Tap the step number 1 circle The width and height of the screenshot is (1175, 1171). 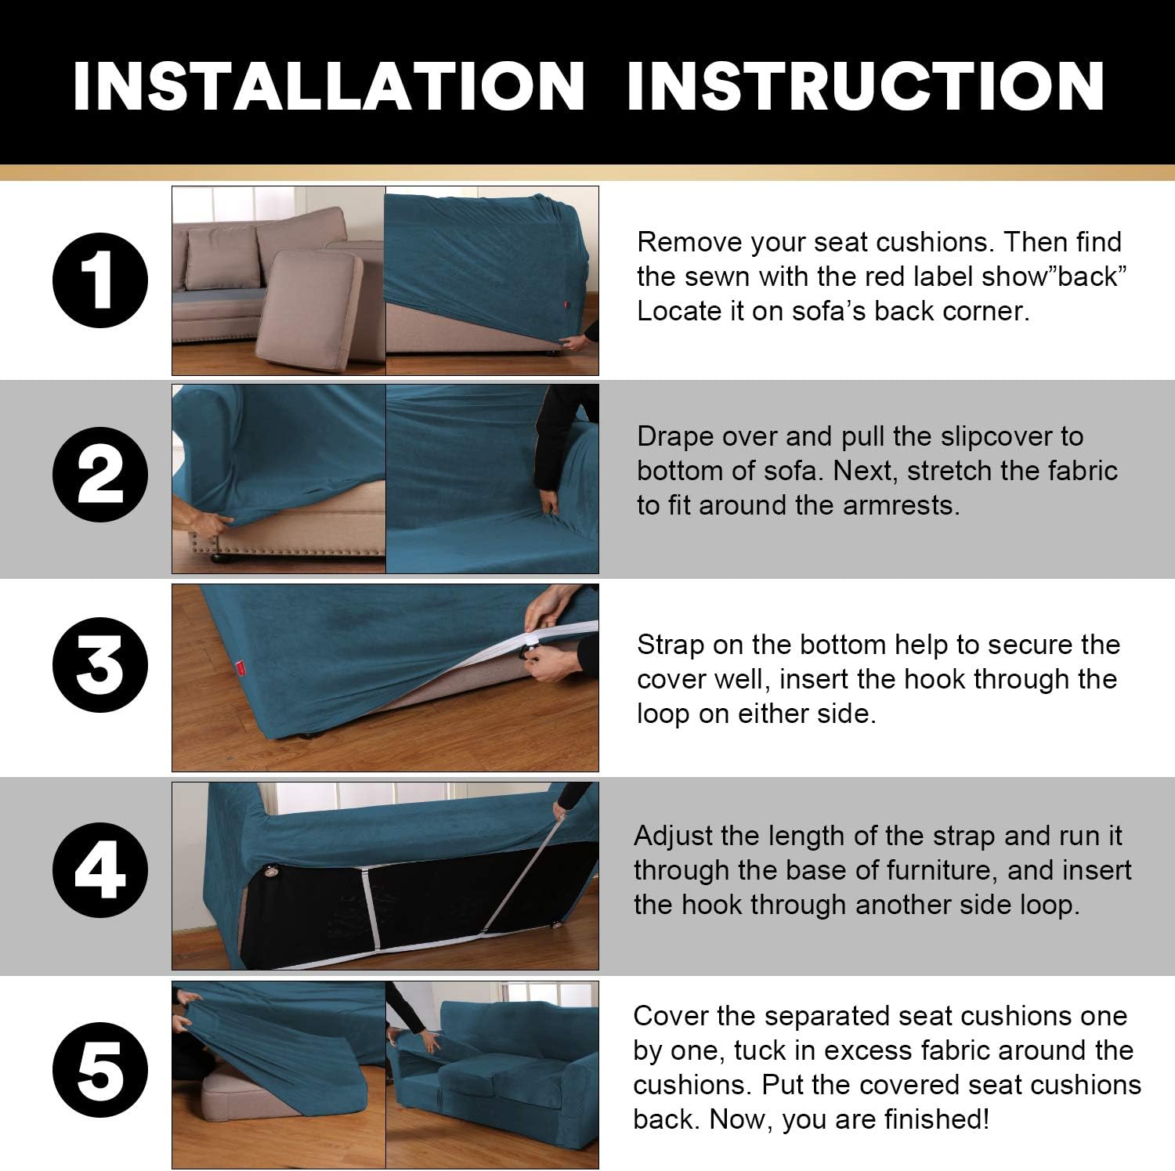(x=99, y=280)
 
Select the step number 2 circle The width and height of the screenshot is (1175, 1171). (x=99, y=475)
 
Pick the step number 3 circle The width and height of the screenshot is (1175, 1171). (x=99, y=665)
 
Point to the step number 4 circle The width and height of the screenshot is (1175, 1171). (x=99, y=870)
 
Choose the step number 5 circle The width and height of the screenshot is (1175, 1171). (x=99, y=1070)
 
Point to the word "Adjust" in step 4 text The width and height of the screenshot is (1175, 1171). (x=673, y=836)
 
